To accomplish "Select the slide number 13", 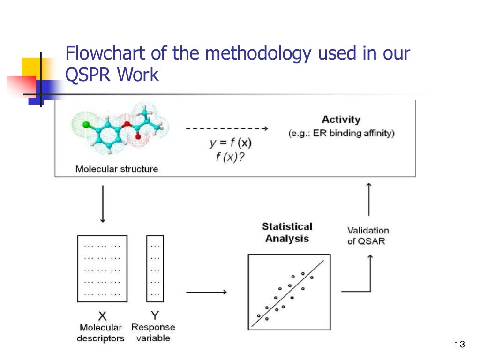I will click(459, 345).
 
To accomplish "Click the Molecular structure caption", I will click(117, 169).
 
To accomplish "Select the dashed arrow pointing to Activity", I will click(226, 128).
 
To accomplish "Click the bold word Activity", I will click(341, 120).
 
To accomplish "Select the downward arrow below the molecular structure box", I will click(103, 203).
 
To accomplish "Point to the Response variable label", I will click(153, 332).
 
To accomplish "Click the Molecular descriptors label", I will click(101, 333).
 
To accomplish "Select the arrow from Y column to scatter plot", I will click(206, 292).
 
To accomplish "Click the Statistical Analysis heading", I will click(287, 232).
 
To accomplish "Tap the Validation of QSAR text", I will click(368, 236).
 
